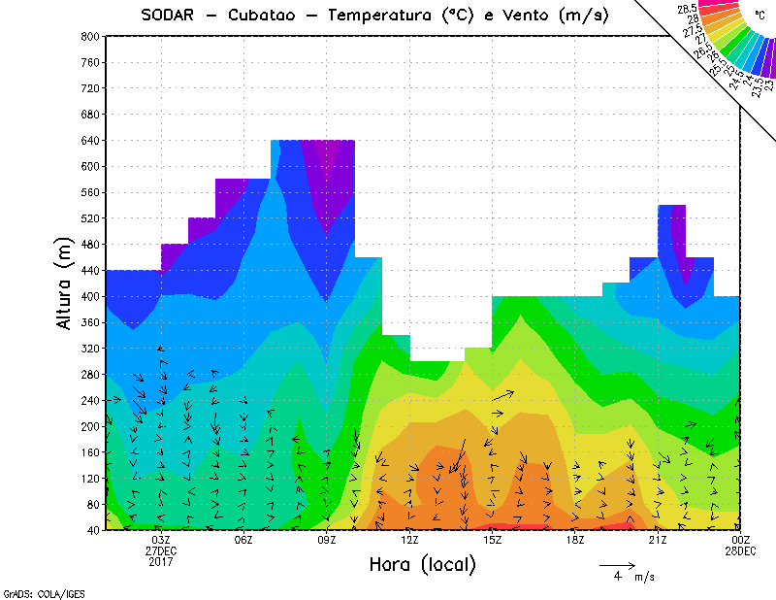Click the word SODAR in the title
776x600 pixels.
click(x=170, y=15)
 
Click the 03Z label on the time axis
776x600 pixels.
click(x=161, y=540)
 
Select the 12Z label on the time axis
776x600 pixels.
click(x=409, y=540)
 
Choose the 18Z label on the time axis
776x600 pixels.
click(x=575, y=540)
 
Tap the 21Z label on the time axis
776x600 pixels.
click(x=658, y=540)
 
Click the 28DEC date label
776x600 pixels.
click(x=741, y=550)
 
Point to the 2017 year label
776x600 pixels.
click(x=161, y=561)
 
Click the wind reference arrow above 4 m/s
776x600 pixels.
click(x=617, y=564)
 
